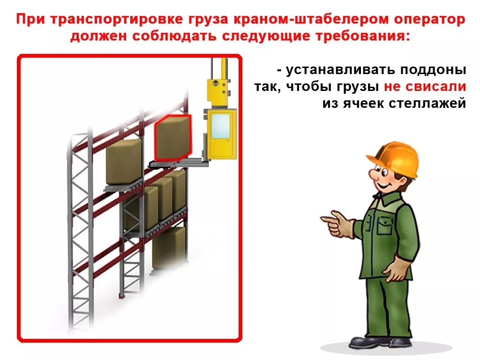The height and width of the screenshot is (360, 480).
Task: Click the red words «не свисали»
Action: point(425,87)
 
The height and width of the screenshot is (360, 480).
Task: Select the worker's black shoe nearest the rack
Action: point(364,341)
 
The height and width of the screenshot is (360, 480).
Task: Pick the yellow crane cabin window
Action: point(220,127)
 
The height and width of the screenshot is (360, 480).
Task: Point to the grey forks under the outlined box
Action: point(178,163)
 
